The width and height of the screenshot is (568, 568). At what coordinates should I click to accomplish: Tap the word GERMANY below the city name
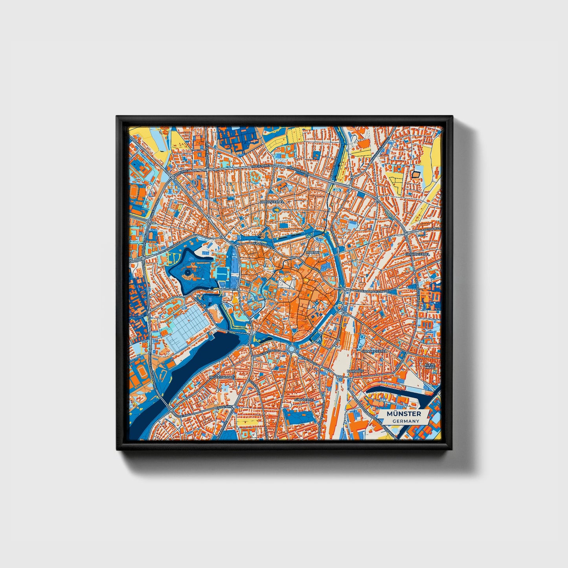[405, 421]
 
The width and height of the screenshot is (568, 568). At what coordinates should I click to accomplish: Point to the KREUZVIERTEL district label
[271, 201]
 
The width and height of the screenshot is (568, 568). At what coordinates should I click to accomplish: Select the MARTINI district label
[313, 252]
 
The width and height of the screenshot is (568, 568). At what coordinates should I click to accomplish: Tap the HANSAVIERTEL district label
[374, 350]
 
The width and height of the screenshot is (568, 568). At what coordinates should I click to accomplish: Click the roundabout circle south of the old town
[291, 349]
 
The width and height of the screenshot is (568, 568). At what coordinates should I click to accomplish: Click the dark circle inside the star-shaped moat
[188, 272]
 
